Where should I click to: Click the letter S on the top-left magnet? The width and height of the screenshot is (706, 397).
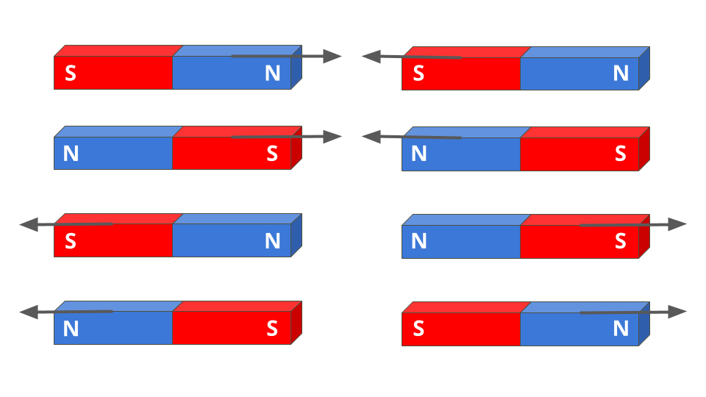point(71,74)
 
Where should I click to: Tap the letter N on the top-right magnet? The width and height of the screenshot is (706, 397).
point(621,74)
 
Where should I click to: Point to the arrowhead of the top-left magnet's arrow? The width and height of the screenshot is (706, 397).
point(333,56)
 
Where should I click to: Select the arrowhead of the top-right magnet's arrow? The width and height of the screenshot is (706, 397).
point(371,56)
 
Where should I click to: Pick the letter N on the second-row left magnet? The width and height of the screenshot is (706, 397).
point(71,154)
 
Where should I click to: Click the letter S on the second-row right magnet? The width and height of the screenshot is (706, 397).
point(621,154)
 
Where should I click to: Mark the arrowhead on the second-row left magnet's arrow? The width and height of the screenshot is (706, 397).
point(333,137)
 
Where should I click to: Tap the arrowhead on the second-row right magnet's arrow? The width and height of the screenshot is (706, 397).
point(371,137)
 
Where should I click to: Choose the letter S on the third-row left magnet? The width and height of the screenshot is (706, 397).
point(71,241)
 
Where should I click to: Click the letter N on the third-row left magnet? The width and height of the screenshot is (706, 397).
point(273,241)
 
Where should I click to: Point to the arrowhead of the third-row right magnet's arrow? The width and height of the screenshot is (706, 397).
point(677,224)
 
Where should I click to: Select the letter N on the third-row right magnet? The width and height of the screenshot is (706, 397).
point(418,241)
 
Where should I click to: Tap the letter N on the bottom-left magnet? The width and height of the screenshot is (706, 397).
point(71,329)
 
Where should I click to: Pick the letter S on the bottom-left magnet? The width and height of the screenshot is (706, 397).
point(272,329)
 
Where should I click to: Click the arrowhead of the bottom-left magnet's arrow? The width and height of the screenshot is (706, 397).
point(29,312)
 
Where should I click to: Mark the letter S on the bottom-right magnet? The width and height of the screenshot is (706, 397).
point(418,329)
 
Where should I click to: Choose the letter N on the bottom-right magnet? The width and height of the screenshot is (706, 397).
point(621,329)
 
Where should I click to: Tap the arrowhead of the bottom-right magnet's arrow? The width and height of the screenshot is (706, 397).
point(677,312)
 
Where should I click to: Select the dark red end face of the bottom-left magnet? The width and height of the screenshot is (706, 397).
point(296,323)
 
